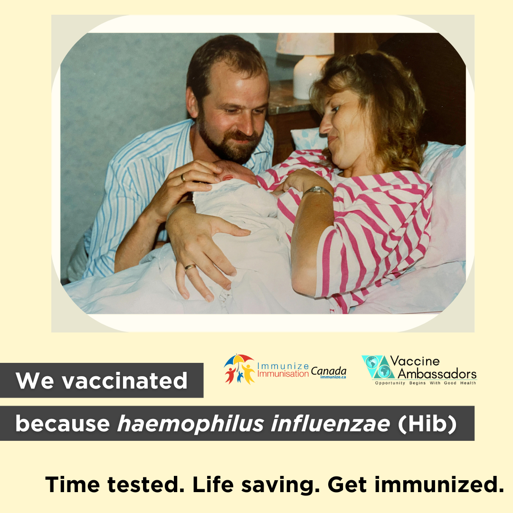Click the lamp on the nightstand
(305, 66)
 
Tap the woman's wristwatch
(317, 191)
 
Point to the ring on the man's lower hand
(190, 267)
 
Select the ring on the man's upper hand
(183, 178)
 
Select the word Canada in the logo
(329, 371)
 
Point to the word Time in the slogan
(73, 484)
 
